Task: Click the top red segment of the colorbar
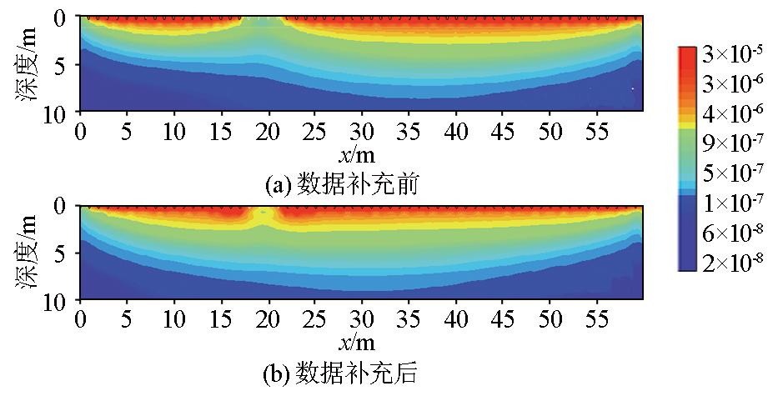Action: [688, 57]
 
